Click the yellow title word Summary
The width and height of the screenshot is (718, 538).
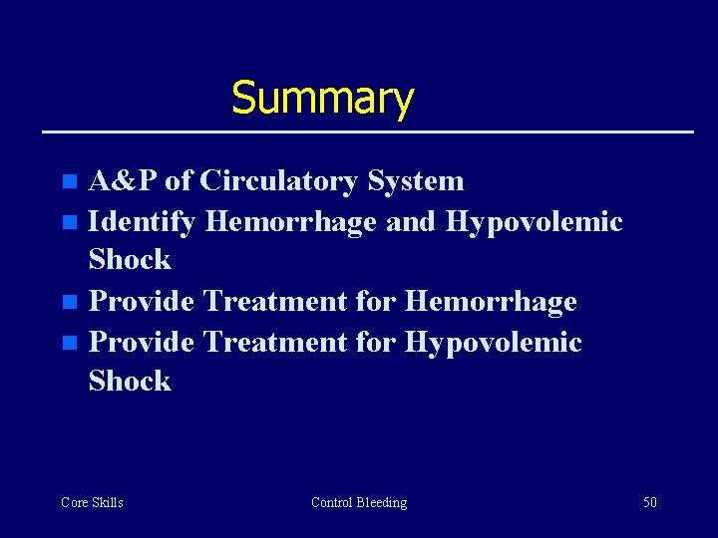click(x=322, y=99)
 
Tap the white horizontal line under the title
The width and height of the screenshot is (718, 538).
click(x=366, y=132)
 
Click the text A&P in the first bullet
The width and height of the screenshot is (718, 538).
click(x=124, y=181)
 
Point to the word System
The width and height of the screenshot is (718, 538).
click(x=415, y=181)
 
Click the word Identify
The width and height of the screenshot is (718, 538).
click(x=143, y=222)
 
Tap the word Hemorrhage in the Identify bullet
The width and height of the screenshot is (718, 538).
click(x=291, y=222)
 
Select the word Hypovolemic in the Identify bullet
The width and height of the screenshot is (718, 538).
click(x=534, y=222)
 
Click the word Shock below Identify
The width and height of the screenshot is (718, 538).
click(x=130, y=261)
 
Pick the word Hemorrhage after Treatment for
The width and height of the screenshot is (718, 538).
click(x=492, y=301)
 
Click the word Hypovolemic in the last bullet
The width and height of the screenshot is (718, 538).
click(x=493, y=342)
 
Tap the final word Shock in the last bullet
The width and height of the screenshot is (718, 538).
click(x=130, y=382)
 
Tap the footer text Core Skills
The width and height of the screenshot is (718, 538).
click(x=92, y=502)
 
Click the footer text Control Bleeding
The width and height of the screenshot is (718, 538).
click(x=359, y=502)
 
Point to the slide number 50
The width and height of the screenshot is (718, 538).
click(x=649, y=502)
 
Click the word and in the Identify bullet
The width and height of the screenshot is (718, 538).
click(x=410, y=222)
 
